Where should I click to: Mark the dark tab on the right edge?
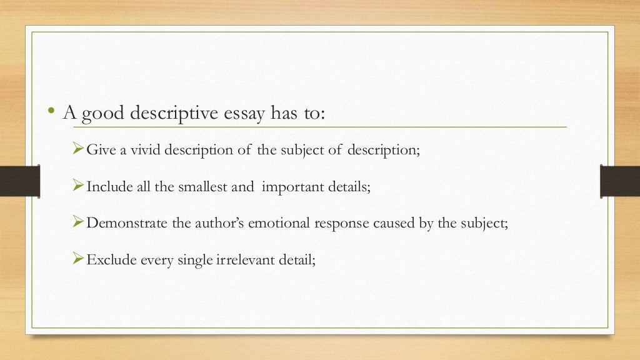[x=619, y=181]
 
